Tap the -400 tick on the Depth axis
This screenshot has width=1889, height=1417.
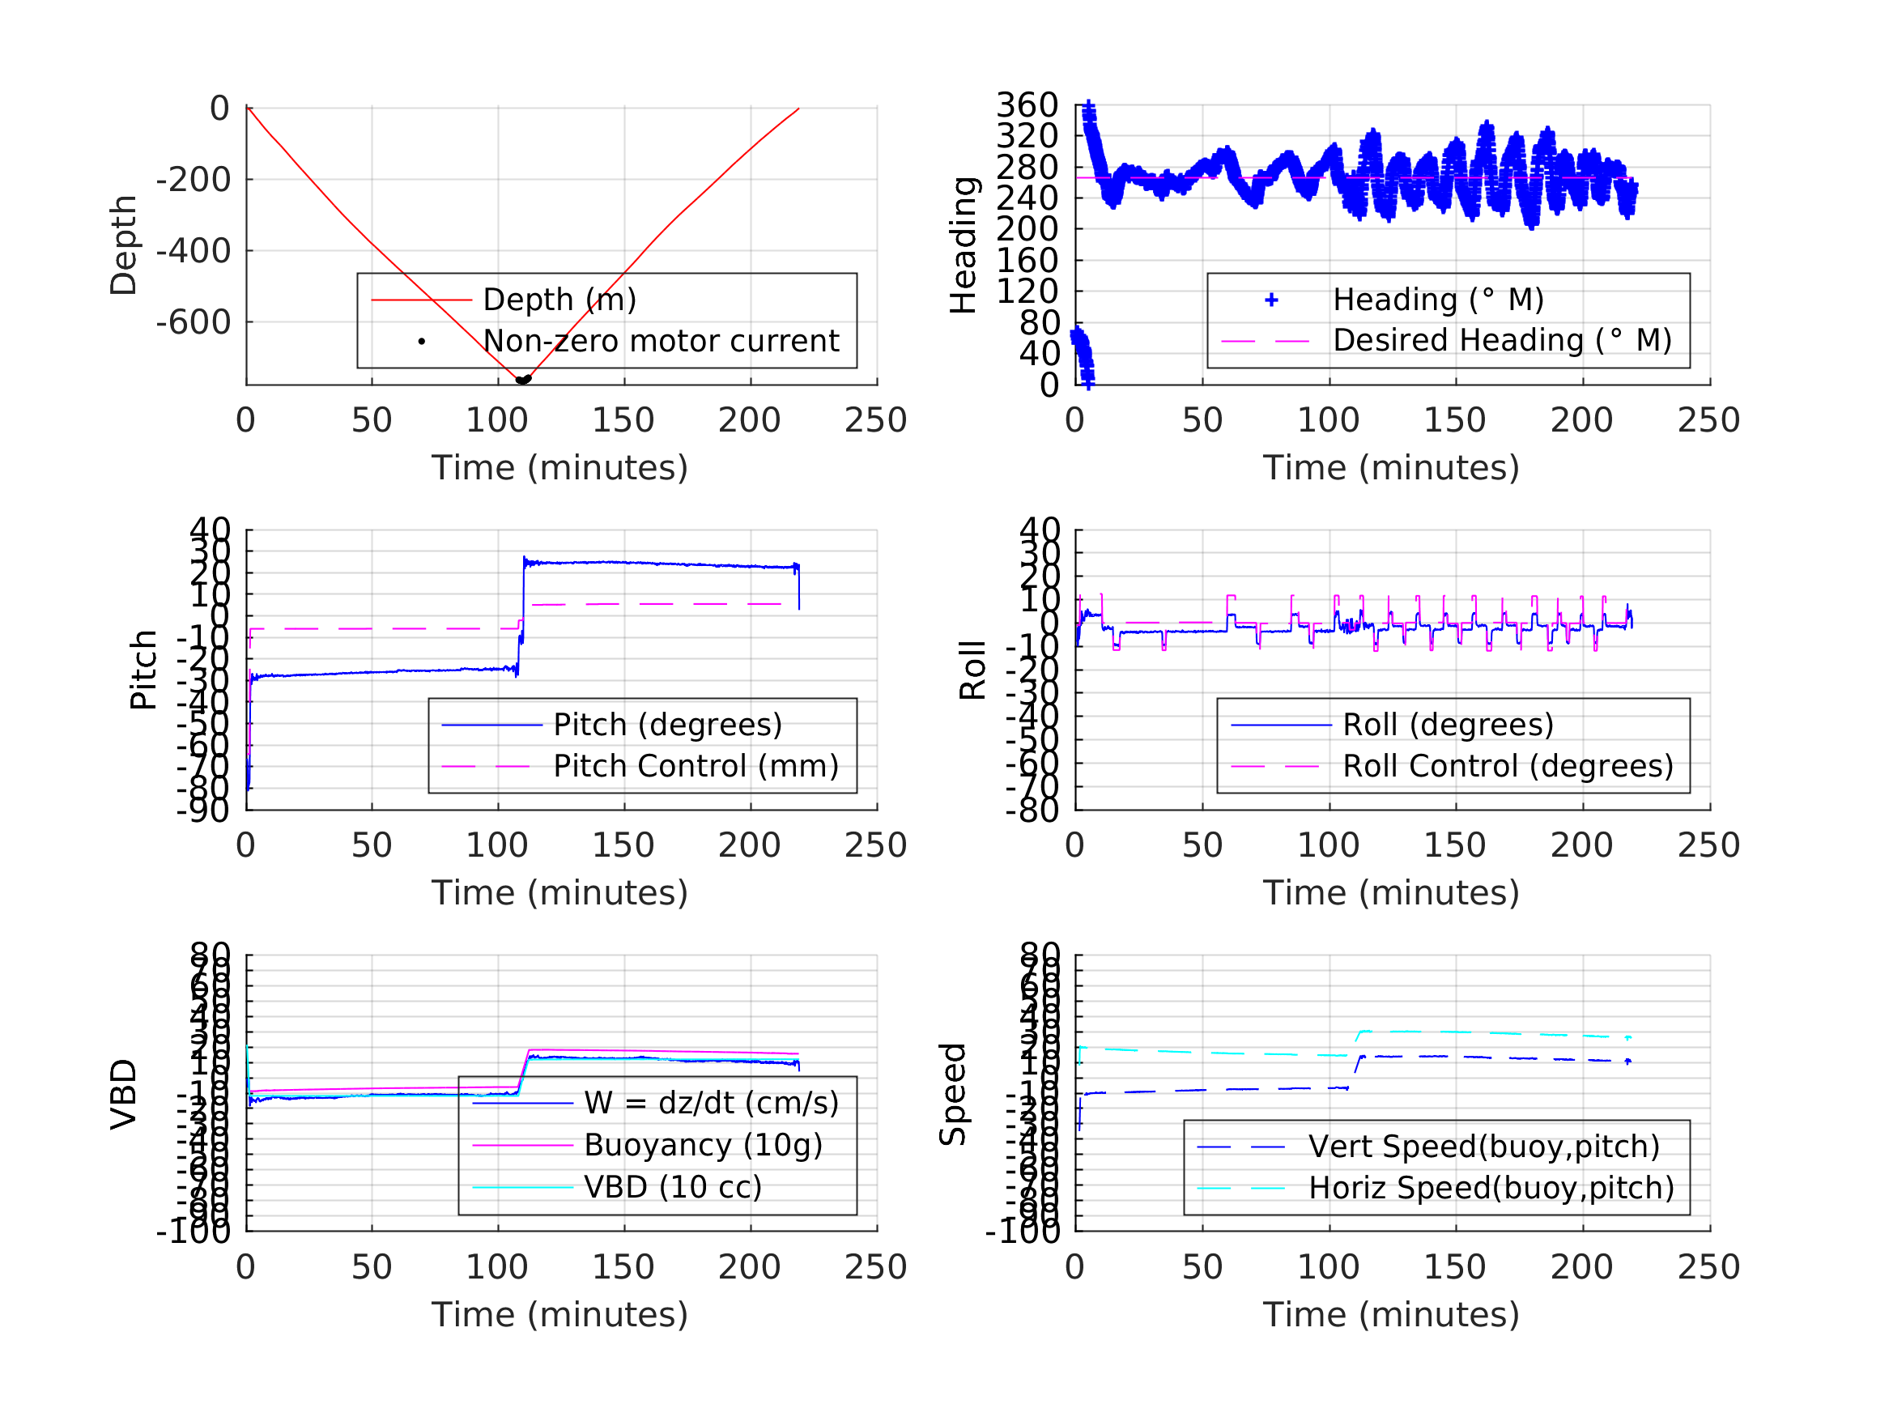193,251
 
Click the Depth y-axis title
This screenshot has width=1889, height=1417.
124,245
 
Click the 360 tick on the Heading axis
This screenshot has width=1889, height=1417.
1027,105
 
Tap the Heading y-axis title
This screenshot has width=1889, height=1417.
964,245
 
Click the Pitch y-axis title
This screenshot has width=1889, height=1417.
143,670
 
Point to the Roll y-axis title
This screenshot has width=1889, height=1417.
972,670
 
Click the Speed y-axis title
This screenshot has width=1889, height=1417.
952,1094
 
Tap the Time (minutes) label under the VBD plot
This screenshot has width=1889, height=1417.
559,1314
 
